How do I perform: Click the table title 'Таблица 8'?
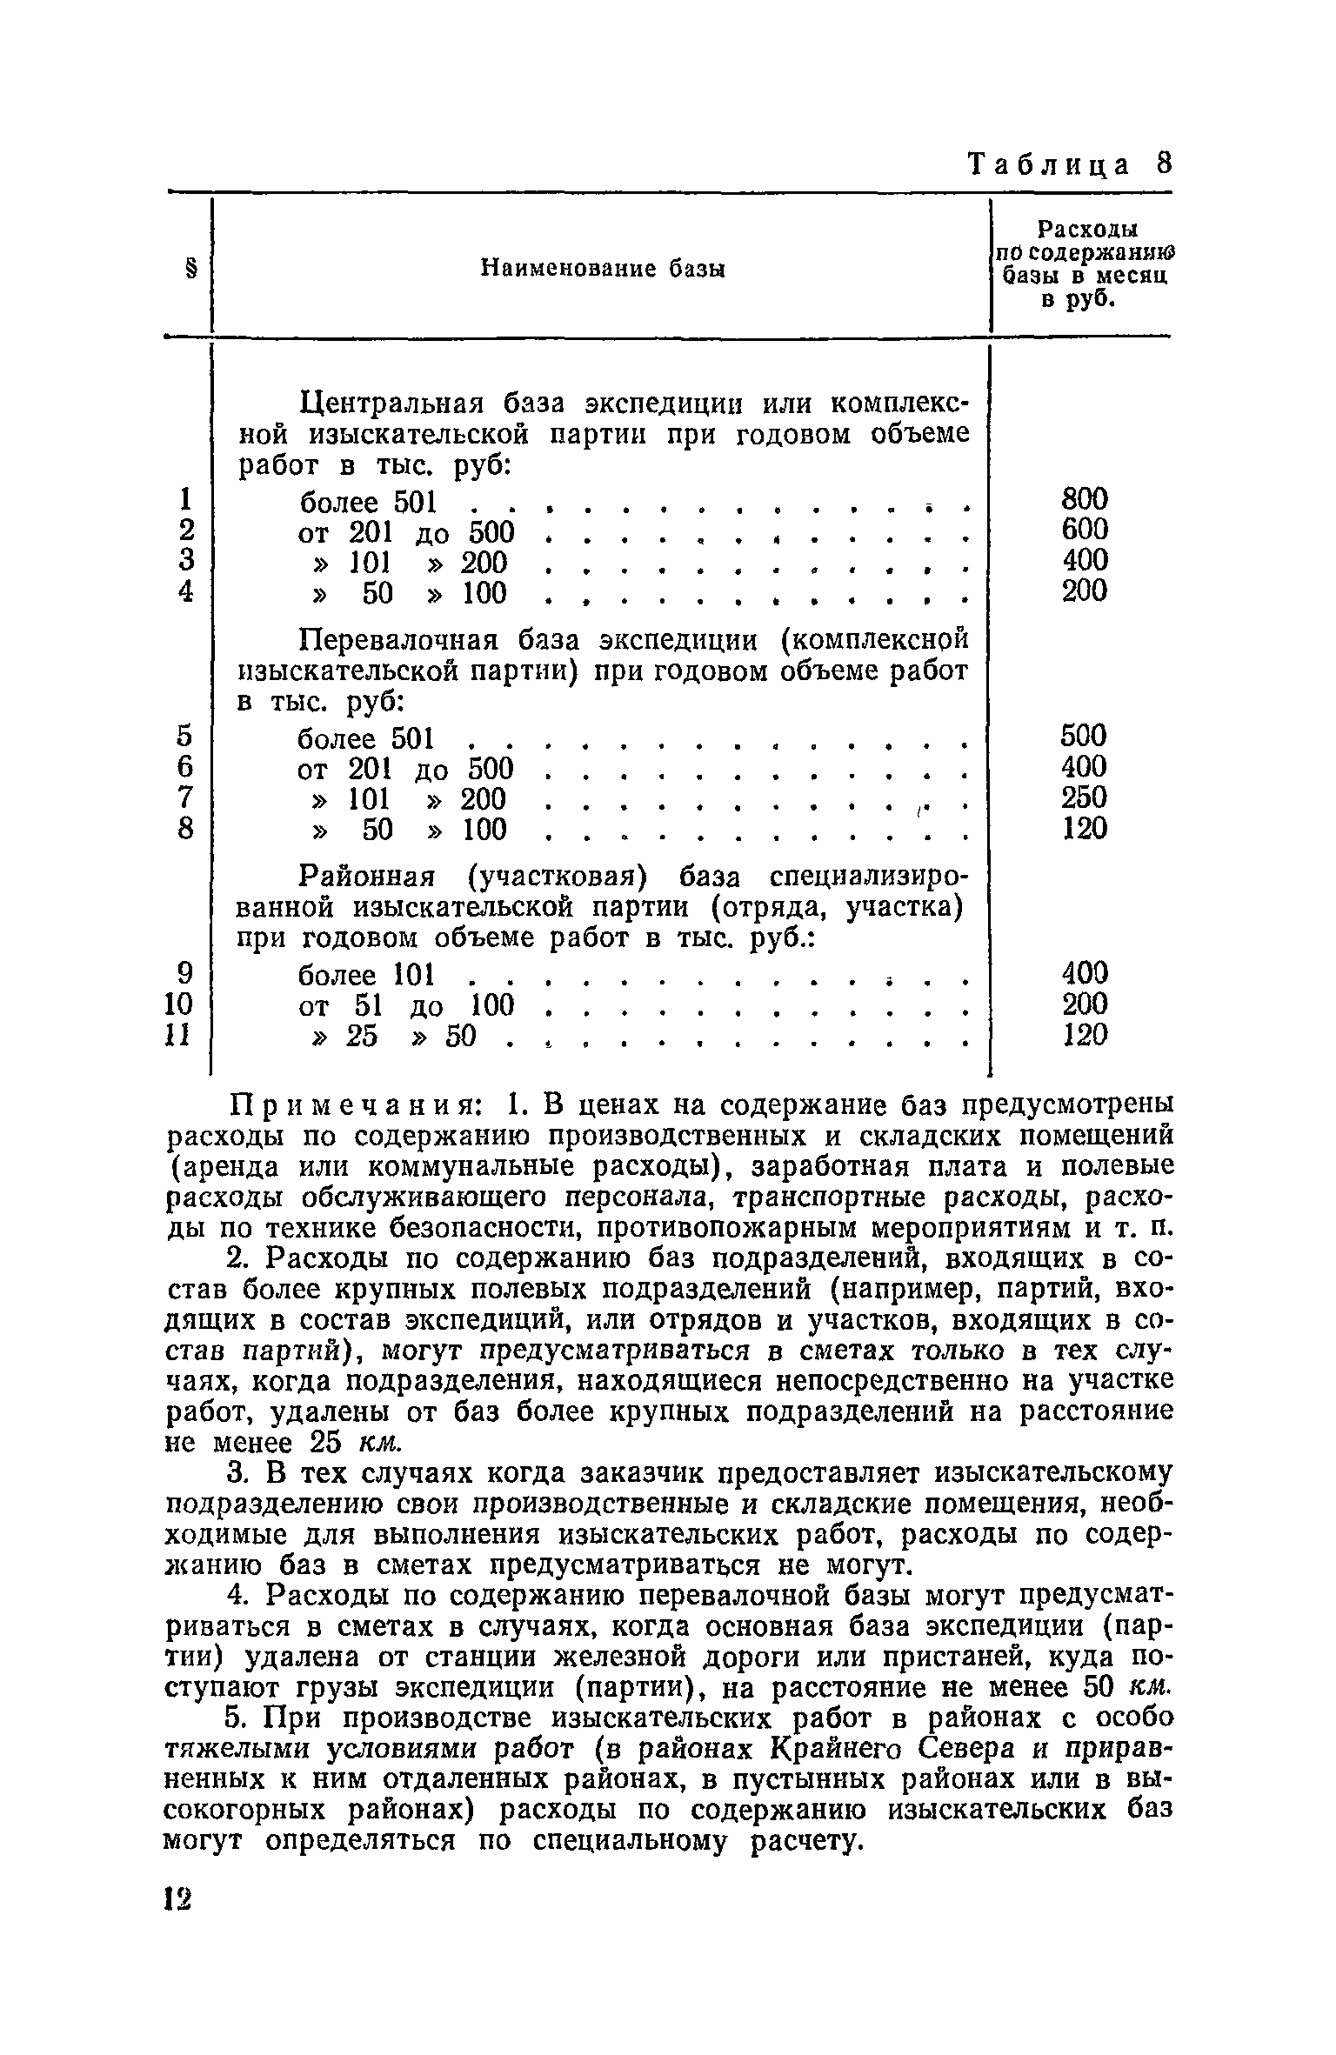click(1071, 164)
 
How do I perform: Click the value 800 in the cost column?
click(1085, 499)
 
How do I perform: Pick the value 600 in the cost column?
click(1085, 530)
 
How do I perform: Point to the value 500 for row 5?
click(1084, 736)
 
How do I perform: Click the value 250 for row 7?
click(1084, 797)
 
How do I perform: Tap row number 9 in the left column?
click(184, 972)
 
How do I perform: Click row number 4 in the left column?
click(184, 591)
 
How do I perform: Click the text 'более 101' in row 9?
click(366, 974)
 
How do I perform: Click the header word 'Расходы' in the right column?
click(1089, 230)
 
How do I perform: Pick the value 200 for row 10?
click(1085, 1004)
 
